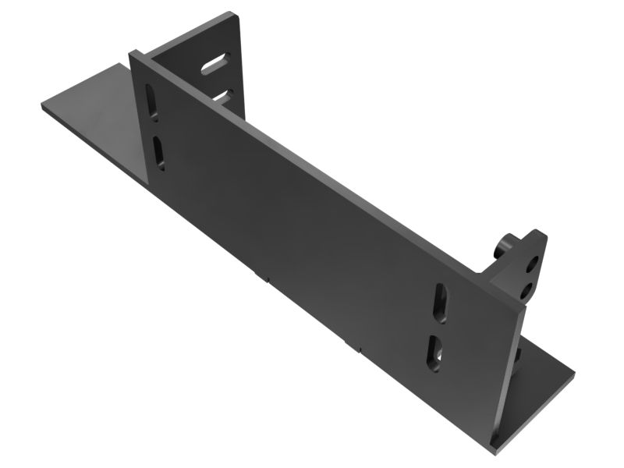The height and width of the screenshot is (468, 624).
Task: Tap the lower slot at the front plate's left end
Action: point(158,152)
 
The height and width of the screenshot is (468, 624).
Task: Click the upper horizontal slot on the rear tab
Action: point(215,64)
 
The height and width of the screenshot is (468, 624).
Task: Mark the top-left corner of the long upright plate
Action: point(133,52)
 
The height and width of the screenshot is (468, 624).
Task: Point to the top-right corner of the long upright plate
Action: point(524,306)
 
